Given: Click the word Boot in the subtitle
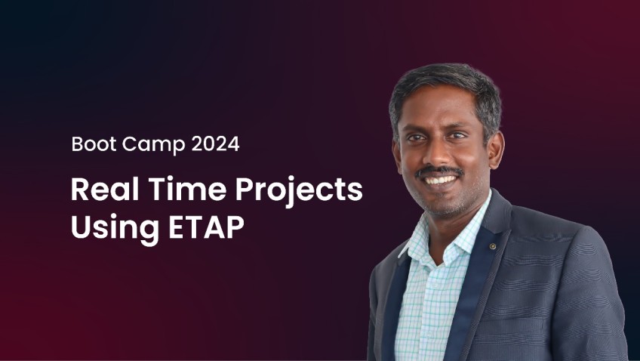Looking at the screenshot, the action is point(94,143).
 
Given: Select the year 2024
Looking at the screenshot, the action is point(215,144).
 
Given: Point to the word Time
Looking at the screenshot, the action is point(187,189).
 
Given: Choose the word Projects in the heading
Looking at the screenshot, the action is point(299,191).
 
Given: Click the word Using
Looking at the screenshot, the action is point(115,229).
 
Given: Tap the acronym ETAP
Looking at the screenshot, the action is point(207,227).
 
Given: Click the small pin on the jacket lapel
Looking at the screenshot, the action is point(493,246).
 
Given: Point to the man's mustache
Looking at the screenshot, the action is point(439,171).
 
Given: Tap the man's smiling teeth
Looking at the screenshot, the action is point(439,180).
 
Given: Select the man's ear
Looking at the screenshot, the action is point(496,149).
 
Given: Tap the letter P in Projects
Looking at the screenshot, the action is point(245,189).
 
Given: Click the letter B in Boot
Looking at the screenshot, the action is point(77,144).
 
